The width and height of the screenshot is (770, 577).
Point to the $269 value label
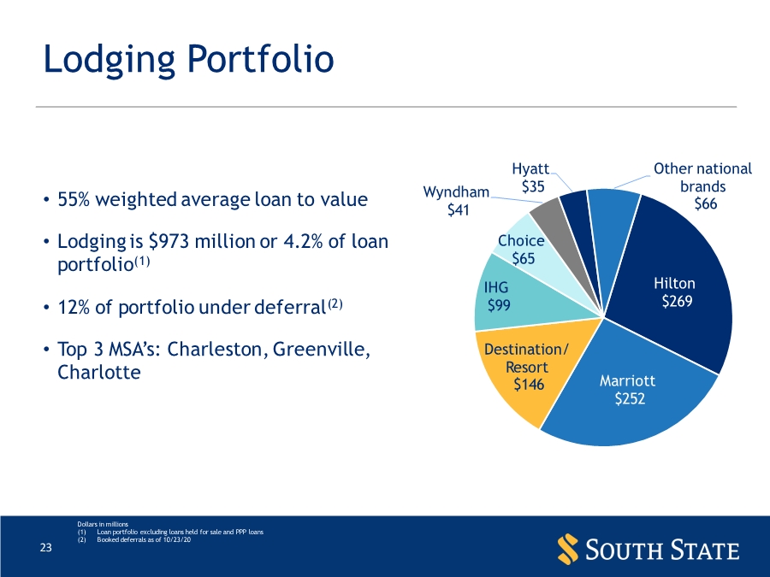tap(676, 302)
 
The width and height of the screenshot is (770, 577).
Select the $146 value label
tap(528, 385)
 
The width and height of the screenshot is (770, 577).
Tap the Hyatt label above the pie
tap(530, 168)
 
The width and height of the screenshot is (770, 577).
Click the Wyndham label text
tap(457, 192)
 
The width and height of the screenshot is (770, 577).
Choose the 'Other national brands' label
tap(702, 178)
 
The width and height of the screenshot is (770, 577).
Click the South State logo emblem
tap(566, 548)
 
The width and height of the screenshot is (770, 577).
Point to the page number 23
tap(47, 549)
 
